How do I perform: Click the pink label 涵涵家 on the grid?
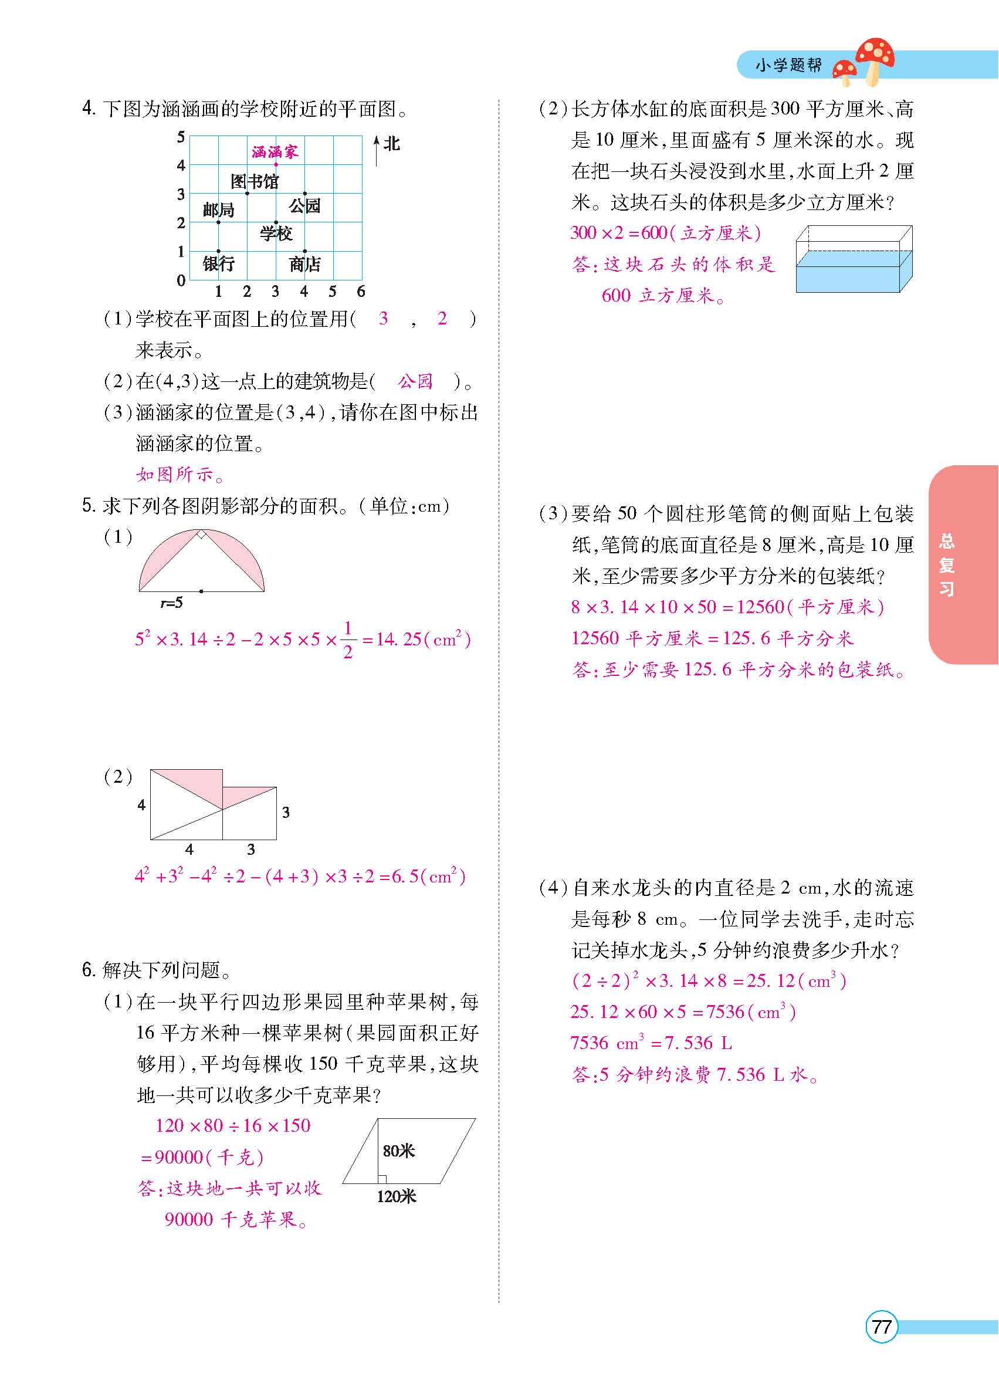275,151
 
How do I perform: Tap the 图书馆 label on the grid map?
255,181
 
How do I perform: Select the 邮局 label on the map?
218,211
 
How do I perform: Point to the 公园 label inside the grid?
304,205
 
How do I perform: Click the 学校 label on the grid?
276,233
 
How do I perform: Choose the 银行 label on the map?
218,263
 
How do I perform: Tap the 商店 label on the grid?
304,264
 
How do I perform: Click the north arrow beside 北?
376,150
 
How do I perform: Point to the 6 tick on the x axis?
361,292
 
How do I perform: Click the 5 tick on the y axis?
181,137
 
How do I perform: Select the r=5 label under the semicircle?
171,603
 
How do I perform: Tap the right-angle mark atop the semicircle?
201,534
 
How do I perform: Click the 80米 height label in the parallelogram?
399,1151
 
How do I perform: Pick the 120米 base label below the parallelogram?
396,1197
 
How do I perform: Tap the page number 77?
881,1327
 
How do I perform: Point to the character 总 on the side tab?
946,541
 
